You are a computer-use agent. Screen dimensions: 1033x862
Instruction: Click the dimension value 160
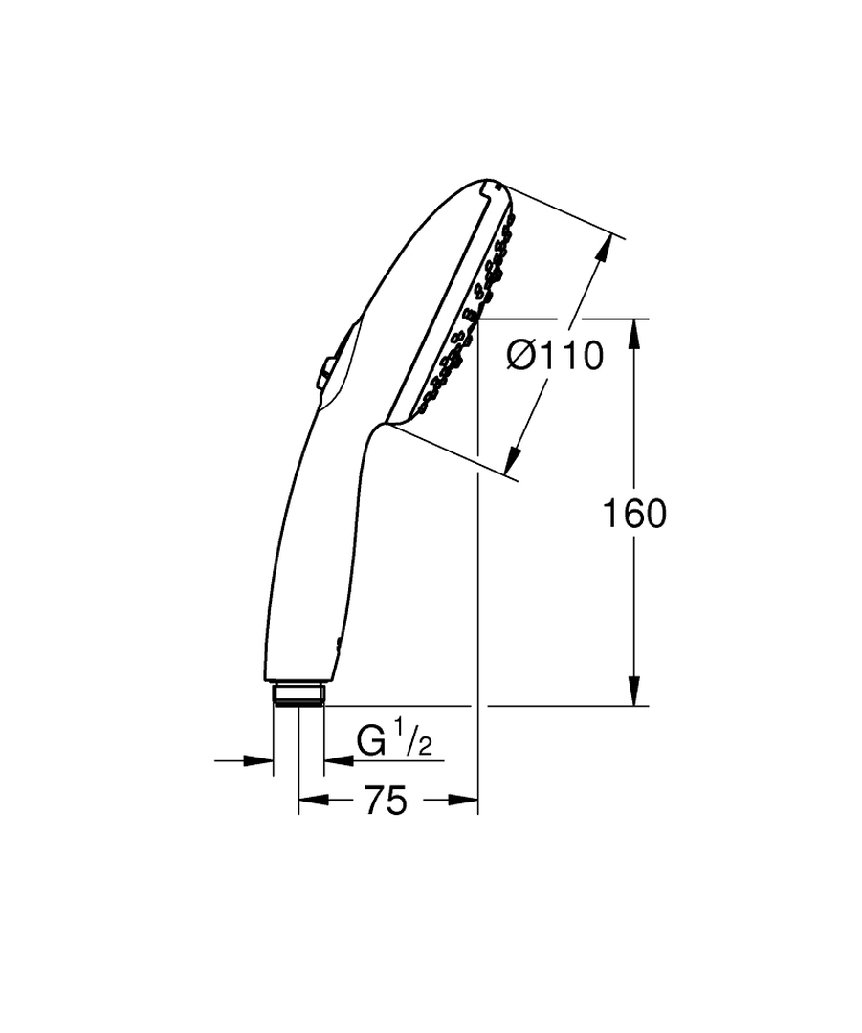[633, 514]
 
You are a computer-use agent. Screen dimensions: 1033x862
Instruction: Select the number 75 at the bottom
[385, 800]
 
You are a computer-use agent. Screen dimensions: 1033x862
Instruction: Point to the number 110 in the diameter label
[573, 356]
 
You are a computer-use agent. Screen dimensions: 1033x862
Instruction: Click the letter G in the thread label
[371, 742]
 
